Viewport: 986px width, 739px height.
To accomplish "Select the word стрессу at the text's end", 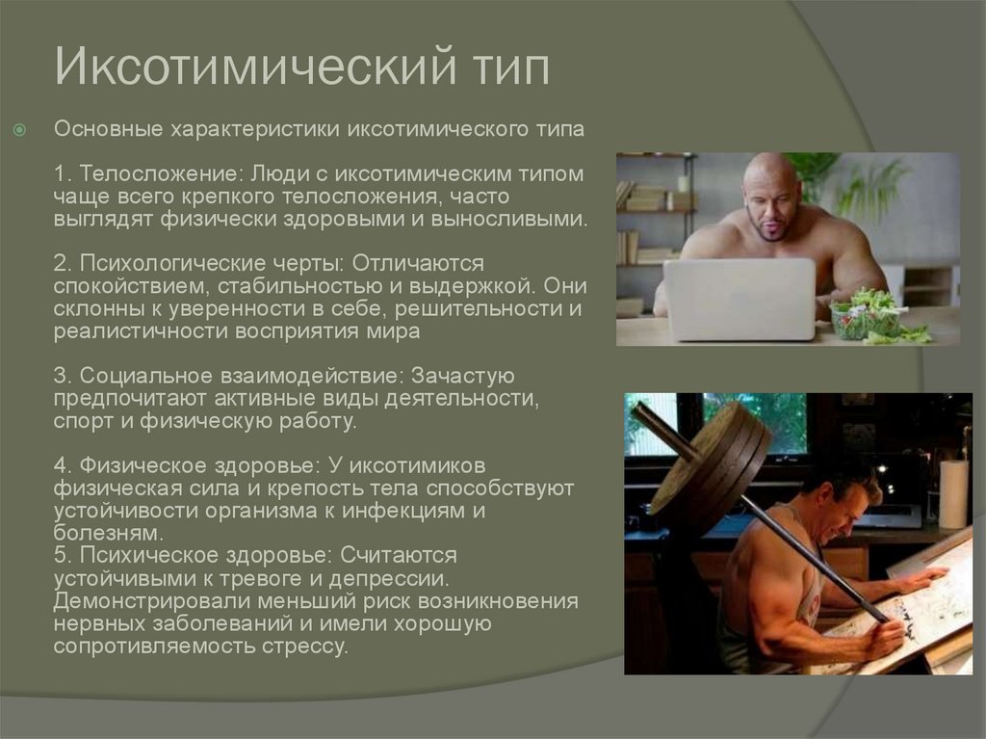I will click(x=304, y=647).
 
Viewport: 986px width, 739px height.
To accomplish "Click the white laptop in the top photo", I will click(x=740, y=299).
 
